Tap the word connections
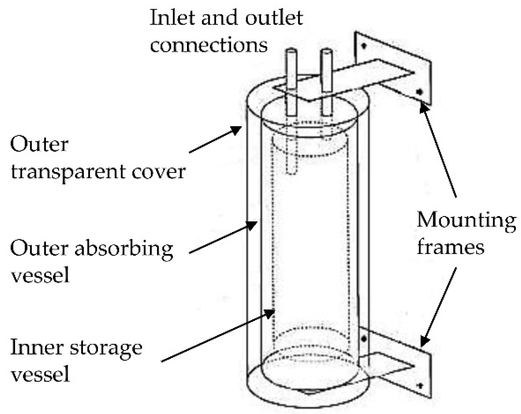[209, 45]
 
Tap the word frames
[450, 247]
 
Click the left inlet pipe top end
[292, 51]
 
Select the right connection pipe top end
[326, 51]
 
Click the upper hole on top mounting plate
[364, 46]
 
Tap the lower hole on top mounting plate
[419, 92]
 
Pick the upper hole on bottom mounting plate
[364, 339]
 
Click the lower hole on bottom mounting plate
[421, 386]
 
